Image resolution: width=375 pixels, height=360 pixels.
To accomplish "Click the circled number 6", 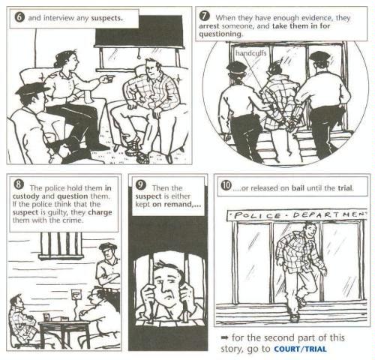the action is tap(19, 17).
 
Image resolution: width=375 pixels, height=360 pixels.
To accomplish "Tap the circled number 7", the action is tap(204, 16).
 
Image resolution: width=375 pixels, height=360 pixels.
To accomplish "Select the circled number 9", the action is tap(140, 184).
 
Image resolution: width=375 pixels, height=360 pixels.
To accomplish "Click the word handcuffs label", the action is tap(250, 53).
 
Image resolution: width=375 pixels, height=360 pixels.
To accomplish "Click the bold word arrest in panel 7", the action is tap(209, 26).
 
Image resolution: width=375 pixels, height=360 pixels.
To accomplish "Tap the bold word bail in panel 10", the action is tap(298, 187).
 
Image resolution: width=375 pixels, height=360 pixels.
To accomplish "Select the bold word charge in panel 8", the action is tap(100, 212).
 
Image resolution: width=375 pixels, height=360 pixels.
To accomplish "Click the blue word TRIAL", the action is tap(315, 349).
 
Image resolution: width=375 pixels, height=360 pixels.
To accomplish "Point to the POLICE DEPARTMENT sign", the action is tap(297, 215).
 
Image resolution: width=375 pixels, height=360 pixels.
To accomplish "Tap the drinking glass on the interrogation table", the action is tap(46, 317).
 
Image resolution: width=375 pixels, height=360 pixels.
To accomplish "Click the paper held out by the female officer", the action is tap(108, 78).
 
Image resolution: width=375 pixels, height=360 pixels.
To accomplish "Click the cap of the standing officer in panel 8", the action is tap(108, 247).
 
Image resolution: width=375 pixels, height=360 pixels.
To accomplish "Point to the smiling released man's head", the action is tap(310, 230).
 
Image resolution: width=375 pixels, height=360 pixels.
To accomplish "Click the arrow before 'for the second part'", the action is tap(225, 337).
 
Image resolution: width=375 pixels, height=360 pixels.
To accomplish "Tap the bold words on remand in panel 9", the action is tap(177, 204).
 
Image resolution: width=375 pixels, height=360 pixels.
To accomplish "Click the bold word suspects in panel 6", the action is tap(106, 18).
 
